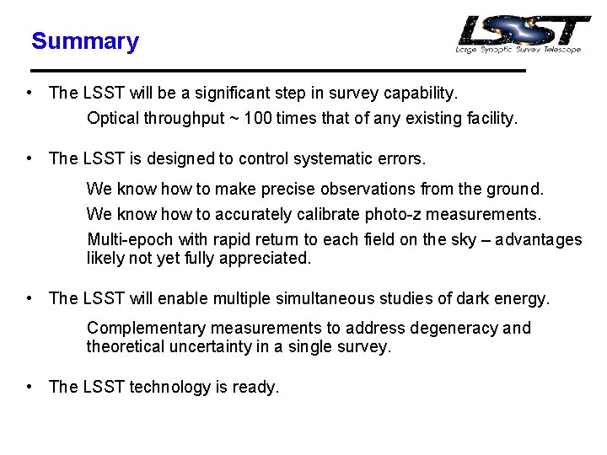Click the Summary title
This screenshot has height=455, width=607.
[x=84, y=41]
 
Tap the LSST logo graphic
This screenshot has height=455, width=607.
[x=523, y=34]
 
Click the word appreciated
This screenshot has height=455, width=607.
[x=265, y=259]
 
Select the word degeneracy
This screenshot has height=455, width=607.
[x=455, y=328]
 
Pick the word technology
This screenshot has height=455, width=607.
[x=168, y=387]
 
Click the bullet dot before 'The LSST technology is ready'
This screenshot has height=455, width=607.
[x=30, y=387]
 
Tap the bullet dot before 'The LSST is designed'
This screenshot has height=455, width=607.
[x=30, y=158]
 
